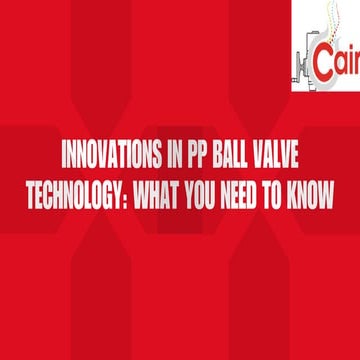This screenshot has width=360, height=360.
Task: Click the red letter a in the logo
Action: point(342,62)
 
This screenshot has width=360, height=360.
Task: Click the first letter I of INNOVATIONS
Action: point(65,161)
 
